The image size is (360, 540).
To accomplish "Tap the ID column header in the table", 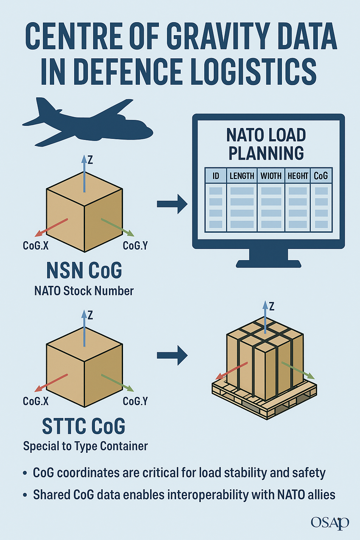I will point(216,176).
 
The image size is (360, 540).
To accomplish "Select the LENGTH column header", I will point(242,176).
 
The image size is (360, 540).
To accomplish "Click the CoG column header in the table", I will point(321,176).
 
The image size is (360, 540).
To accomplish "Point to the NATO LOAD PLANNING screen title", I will point(266,144).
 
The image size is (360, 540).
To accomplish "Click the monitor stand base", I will point(268,263).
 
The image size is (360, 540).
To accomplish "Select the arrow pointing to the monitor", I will point(172,204).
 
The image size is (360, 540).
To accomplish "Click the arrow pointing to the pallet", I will point(172,355).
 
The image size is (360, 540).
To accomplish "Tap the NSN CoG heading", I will point(84,271).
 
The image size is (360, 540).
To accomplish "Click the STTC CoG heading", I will point(84,426).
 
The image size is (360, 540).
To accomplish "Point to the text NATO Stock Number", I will point(84,291).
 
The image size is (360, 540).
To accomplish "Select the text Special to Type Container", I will point(85,446).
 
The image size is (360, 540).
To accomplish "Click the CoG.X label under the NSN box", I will point(36,245).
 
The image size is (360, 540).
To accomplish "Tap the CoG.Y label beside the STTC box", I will point(135,401).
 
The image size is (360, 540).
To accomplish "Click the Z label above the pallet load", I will point(271,306).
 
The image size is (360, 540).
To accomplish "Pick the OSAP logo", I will point(329,522).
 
